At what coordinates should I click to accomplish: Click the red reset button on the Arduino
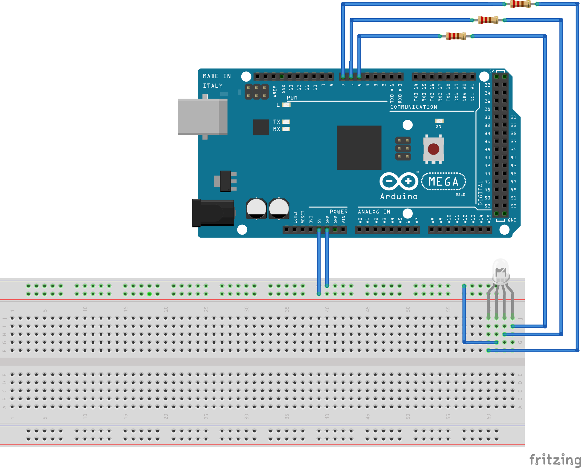(x=433, y=149)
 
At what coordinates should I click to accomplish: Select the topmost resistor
(x=521, y=4)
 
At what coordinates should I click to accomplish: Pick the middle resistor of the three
(x=488, y=20)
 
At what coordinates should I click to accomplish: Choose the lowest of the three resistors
(x=456, y=36)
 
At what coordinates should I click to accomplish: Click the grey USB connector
(x=202, y=117)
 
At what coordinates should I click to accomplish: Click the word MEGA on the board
(x=443, y=182)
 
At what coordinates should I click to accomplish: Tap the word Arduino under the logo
(x=399, y=196)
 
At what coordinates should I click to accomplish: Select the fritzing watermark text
(x=555, y=459)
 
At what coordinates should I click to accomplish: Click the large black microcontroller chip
(x=359, y=148)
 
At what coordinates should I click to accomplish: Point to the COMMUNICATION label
(x=413, y=107)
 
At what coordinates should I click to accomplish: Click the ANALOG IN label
(x=374, y=212)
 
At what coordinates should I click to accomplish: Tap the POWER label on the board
(x=339, y=212)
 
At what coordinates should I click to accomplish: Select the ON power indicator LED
(x=439, y=121)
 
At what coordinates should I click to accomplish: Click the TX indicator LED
(x=286, y=122)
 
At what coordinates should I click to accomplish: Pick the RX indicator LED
(x=286, y=129)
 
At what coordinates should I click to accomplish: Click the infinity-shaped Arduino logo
(x=399, y=181)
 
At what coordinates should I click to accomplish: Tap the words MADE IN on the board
(x=217, y=76)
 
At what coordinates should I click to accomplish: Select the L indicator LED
(x=286, y=105)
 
